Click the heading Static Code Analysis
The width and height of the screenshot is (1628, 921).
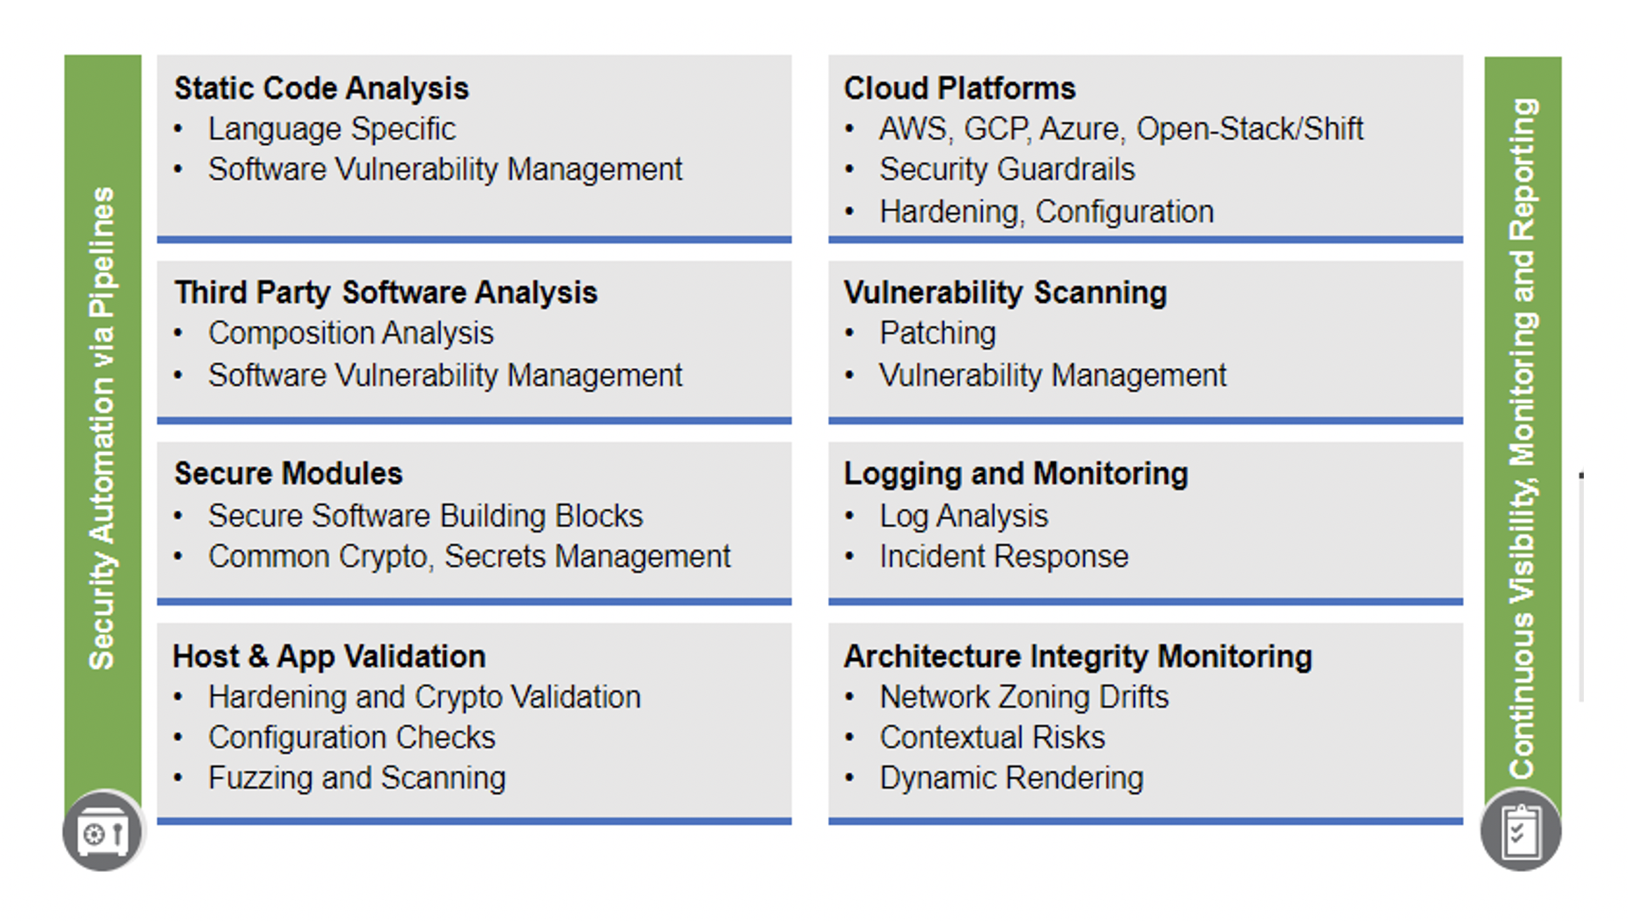pos(321,89)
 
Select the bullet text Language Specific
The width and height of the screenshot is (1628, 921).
pos(332,130)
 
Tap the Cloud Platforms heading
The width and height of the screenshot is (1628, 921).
pos(959,89)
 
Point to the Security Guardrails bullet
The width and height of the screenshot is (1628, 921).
pos(1007,170)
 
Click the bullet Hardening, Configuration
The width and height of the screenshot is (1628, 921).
pos(1046,212)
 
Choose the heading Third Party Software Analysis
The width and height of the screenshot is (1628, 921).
pos(386,293)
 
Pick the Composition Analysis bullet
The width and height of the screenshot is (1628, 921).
pos(351,334)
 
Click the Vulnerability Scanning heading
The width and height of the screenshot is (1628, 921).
pos(1005,293)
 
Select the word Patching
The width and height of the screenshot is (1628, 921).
pos(937,334)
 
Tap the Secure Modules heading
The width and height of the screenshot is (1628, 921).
pos(288,474)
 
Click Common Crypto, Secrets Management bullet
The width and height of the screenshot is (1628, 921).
pos(468,557)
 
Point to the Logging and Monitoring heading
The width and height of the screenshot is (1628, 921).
pos(1015,474)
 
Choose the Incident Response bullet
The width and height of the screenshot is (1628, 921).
pos(1003,557)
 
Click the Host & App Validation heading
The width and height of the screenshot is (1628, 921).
pos(329,657)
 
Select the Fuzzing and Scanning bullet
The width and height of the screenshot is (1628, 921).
pos(356,779)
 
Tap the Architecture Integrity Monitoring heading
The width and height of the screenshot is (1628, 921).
pos(1078,657)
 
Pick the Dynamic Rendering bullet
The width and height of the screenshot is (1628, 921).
pos(1011,779)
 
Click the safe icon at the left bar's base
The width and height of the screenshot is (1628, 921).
pos(103,832)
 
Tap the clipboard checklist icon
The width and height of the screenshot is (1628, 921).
pos(1521,832)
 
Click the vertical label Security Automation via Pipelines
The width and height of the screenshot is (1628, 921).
pos(102,428)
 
